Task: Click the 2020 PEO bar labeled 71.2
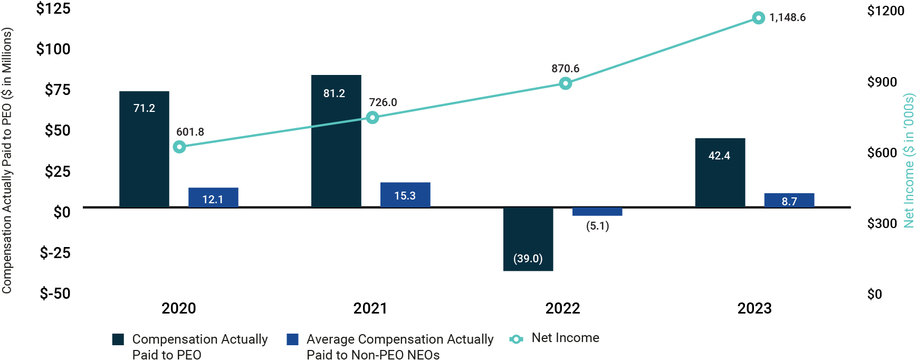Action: coord(144,149)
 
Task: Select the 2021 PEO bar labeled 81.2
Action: coord(336,141)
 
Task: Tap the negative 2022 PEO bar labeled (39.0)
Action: coord(528,239)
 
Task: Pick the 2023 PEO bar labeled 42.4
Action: coord(720,173)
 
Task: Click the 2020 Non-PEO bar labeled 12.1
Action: coord(213,197)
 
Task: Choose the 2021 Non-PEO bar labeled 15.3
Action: coord(405,195)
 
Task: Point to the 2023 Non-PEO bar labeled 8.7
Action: coord(789,200)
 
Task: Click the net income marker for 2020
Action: coord(179,147)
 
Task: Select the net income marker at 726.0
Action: coord(372,117)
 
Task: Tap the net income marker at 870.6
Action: coord(565,83)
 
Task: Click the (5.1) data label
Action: coord(597,226)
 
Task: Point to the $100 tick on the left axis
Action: coord(53,49)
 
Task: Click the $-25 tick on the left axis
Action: coord(55,252)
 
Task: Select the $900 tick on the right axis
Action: coord(882,82)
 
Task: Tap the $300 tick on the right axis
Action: coord(882,223)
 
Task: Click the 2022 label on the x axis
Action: coord(562,308)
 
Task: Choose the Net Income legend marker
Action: coord(516,339)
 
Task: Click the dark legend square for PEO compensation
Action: coord(118,339)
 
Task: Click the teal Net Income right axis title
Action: coord(909,161)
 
